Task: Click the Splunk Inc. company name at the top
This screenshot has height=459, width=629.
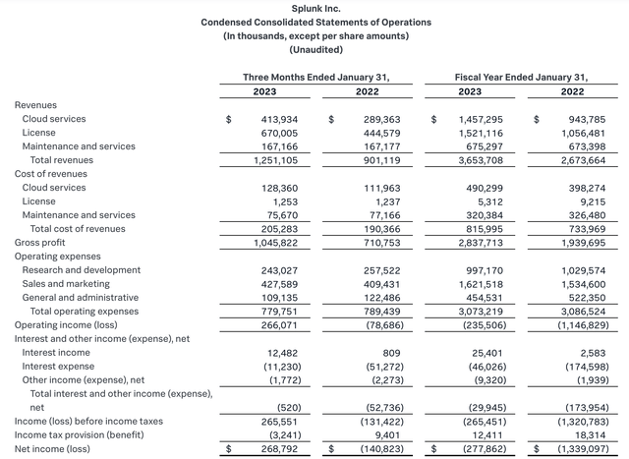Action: point(314,7)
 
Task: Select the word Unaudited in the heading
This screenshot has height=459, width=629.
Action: point(314,49)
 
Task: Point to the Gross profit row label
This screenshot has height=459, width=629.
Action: point(41,242)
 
